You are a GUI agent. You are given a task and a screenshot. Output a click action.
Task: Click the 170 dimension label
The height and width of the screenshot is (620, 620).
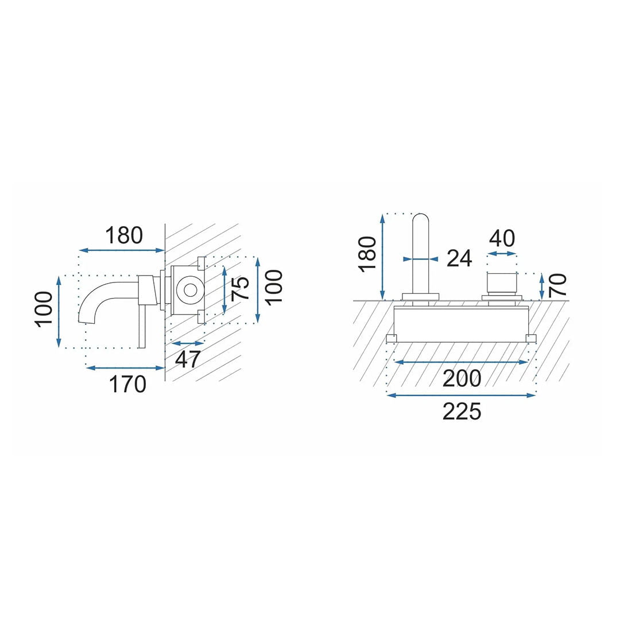click(127, 384)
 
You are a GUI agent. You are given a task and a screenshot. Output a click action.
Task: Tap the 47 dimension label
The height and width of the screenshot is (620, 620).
click(188, 359)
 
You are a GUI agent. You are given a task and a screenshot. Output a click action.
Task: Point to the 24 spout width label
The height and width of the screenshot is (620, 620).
click(459, 258)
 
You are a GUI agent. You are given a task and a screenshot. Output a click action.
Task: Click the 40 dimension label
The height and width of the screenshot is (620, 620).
click(502, 238)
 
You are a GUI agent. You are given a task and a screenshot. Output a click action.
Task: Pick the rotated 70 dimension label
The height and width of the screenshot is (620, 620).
click(557, 284)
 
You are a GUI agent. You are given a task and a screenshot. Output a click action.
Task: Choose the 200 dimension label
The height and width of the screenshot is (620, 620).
click(462, 378)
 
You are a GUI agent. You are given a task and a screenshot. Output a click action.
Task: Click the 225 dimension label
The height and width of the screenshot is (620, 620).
click(462, 411)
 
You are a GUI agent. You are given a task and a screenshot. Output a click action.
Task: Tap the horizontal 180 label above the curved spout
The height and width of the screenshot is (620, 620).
click(124, 235)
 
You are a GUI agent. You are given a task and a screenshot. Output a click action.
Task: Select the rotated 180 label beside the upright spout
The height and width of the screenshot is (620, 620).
click(367, 254)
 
